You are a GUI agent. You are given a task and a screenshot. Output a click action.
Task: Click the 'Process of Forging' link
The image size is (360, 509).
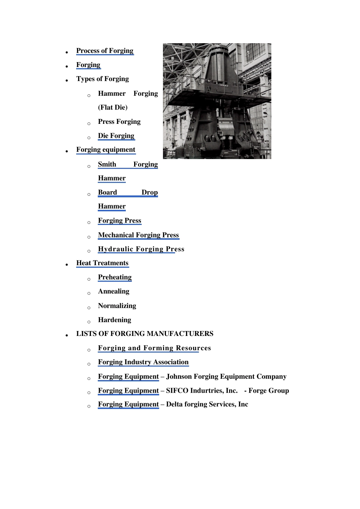(x=105, y=51)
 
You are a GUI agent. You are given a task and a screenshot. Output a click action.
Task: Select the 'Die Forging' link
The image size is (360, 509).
(x=116, y=136)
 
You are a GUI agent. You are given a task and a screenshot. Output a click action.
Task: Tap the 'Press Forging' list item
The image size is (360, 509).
(x=119, y=122)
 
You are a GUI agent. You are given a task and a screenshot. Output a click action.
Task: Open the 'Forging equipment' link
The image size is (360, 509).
(x=106, y=150)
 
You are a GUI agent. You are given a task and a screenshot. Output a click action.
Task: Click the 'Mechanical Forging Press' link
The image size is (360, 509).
(x=138, y=235)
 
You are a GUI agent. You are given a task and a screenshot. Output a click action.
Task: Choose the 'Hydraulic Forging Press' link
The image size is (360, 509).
(x=141, y=249)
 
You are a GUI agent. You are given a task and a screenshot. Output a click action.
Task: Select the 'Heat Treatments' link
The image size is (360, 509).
(x=102, y=263)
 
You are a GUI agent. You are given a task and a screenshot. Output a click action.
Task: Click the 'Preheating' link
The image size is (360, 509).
(x=115, y=277)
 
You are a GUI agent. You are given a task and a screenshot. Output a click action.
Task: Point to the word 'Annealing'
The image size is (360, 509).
(x=114, y=291)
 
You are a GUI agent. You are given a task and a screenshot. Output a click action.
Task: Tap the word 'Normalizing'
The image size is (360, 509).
(x=117, y=306)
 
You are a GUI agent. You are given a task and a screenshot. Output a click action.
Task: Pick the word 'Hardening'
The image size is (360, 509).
(x=114, y=320)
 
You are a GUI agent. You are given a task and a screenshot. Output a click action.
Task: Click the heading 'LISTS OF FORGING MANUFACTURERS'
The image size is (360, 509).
(x=145, y=334)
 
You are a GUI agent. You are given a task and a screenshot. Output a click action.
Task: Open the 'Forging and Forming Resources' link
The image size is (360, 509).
(x=154, y=348)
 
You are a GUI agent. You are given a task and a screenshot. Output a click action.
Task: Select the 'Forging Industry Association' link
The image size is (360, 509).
(x=143, y=362)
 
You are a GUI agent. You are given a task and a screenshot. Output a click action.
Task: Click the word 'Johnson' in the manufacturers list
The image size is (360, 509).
(x=179, y=376)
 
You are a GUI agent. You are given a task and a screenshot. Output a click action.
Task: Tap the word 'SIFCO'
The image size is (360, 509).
(x=177, y=390)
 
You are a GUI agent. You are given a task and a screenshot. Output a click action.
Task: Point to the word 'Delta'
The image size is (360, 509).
(x=174, y=404)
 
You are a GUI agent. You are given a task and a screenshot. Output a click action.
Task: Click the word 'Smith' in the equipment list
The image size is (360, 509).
(x=107, y=164)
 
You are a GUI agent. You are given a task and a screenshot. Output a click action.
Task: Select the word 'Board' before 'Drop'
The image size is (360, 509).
(x=107, y=192)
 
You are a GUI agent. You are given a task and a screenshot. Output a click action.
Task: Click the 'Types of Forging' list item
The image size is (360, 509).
(x=102, y=79)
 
